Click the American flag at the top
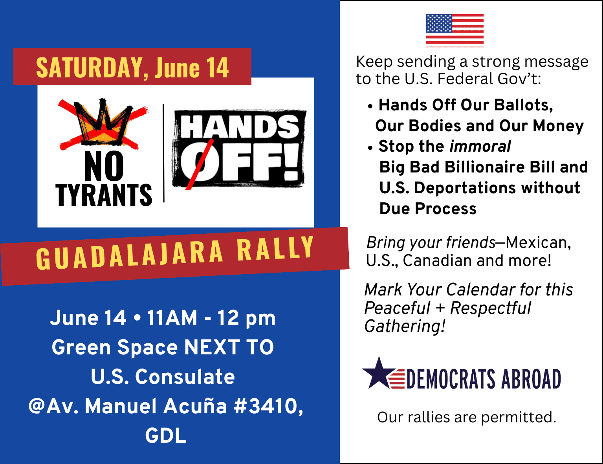coord(455,30)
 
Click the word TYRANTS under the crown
coord(104,195)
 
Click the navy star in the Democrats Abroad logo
coord(379,373)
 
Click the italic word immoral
coord(480,146)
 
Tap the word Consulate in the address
coord(185,377)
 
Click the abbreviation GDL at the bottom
coord(166,435)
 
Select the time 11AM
coord(172,317)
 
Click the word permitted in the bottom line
coord(519,418)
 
